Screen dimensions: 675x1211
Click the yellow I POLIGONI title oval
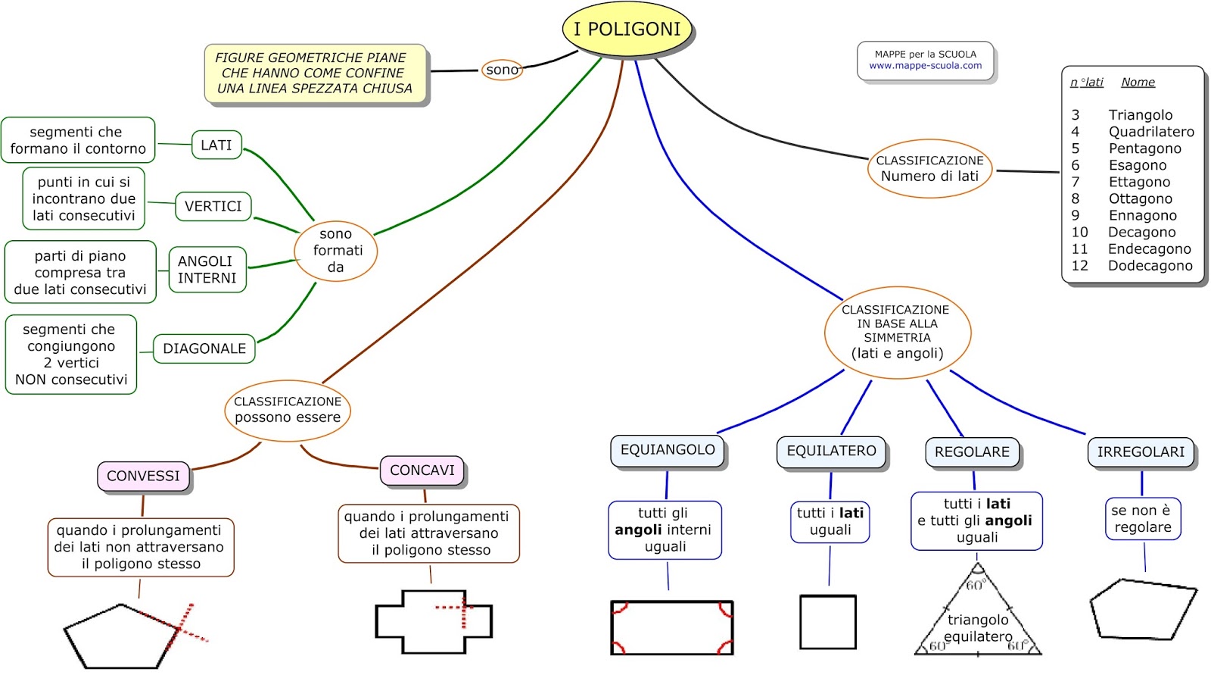[627, 30]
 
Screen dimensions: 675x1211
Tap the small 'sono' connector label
[502, 70]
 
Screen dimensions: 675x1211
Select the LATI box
[216, 145]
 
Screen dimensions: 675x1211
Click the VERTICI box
[213, 206]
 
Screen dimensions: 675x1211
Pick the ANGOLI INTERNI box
[207, 270]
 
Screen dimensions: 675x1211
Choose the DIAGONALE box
[204, 348]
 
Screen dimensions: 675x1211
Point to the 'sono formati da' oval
[335, 251]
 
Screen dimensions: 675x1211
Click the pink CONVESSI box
[143, 476]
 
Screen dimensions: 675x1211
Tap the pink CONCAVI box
[422, 470]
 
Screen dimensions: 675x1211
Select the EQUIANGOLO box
[668, 450]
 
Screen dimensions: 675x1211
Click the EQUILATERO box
[831, 451]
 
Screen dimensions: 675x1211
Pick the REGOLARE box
[972, 452]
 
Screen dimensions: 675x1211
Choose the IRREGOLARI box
[1141, 452]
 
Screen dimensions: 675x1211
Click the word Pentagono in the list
[1144, 148]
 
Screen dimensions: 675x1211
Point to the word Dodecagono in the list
[1150, 266]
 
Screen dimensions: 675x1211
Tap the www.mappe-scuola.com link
[925, 66]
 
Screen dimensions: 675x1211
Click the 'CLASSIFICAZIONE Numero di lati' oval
[929, 169]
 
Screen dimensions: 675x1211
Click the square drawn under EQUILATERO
[827, 622]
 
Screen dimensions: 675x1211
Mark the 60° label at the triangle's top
[975, 585]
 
